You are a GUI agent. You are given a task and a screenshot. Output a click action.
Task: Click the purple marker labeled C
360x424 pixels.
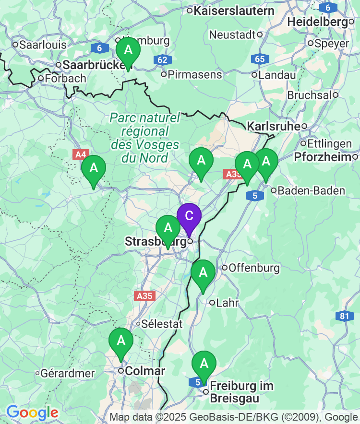pyautogui.click(x=189, y=217)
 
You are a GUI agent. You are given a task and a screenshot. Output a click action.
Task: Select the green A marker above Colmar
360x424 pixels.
pyautogui.click(x=121, y=342)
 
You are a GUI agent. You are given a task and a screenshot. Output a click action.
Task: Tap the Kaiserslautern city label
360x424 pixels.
pyautogui.click(x=234, y=11)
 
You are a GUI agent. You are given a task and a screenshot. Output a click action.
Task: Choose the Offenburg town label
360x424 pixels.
pyautogui.click(x=247, y=268)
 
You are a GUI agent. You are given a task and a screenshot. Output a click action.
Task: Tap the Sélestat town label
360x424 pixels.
pyautogui.click(x=162, y=324)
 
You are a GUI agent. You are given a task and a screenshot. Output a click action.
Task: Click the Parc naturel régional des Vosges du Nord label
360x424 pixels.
pyautogui.click(x=144, y=138)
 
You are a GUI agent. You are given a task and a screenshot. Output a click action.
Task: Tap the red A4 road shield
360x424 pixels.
pyautogui.click(x=81, y=155)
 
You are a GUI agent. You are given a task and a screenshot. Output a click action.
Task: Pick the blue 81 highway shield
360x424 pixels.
pyautogui.click(x=344, y=316)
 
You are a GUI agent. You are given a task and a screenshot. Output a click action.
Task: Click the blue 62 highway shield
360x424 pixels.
pyautogui.click(x=163, y=60)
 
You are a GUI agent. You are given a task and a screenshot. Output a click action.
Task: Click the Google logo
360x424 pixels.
pyautogui.click(x=32, y=412)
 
